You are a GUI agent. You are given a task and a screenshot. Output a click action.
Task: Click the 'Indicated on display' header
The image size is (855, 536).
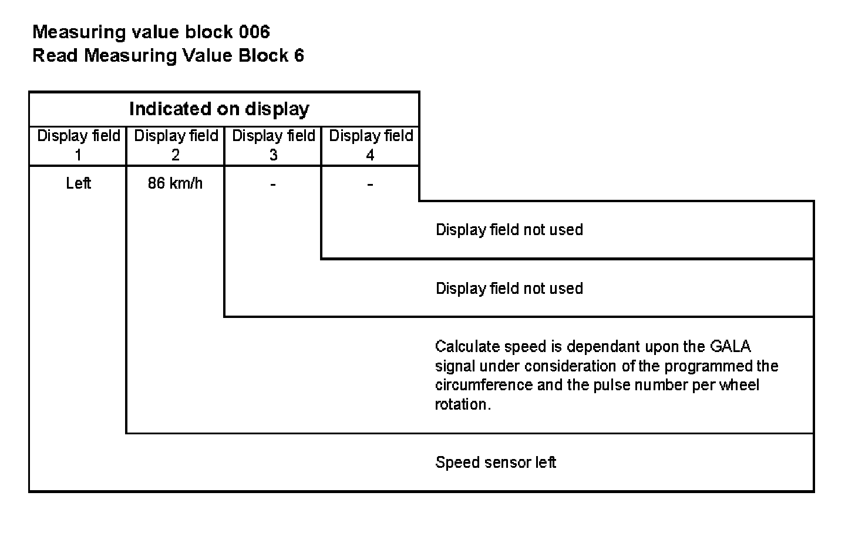coord(219,109)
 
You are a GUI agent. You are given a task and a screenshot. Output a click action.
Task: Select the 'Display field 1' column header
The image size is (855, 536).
coord(78,145)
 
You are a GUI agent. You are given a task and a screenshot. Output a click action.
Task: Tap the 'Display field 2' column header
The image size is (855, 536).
coord(176,145)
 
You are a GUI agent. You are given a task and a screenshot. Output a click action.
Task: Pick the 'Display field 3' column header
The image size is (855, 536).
coord(273,145)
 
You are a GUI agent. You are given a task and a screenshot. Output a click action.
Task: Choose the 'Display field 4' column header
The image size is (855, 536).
coord(371,145)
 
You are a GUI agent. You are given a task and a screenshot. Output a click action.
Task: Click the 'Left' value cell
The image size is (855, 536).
coord(78,183)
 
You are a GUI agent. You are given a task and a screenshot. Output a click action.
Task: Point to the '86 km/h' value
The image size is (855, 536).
coord(175,183)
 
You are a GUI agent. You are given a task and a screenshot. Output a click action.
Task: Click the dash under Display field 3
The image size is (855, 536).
coord(273,185)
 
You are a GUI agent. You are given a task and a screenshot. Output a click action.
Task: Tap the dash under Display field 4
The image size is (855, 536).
coord(370,185)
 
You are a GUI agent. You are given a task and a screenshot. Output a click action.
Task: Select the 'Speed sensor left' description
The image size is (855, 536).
coord(496,463)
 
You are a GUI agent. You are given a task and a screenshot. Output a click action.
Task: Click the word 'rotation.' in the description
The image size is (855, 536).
coord(462,404)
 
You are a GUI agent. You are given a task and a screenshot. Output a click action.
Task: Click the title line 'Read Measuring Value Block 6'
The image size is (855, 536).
coord(168,56)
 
